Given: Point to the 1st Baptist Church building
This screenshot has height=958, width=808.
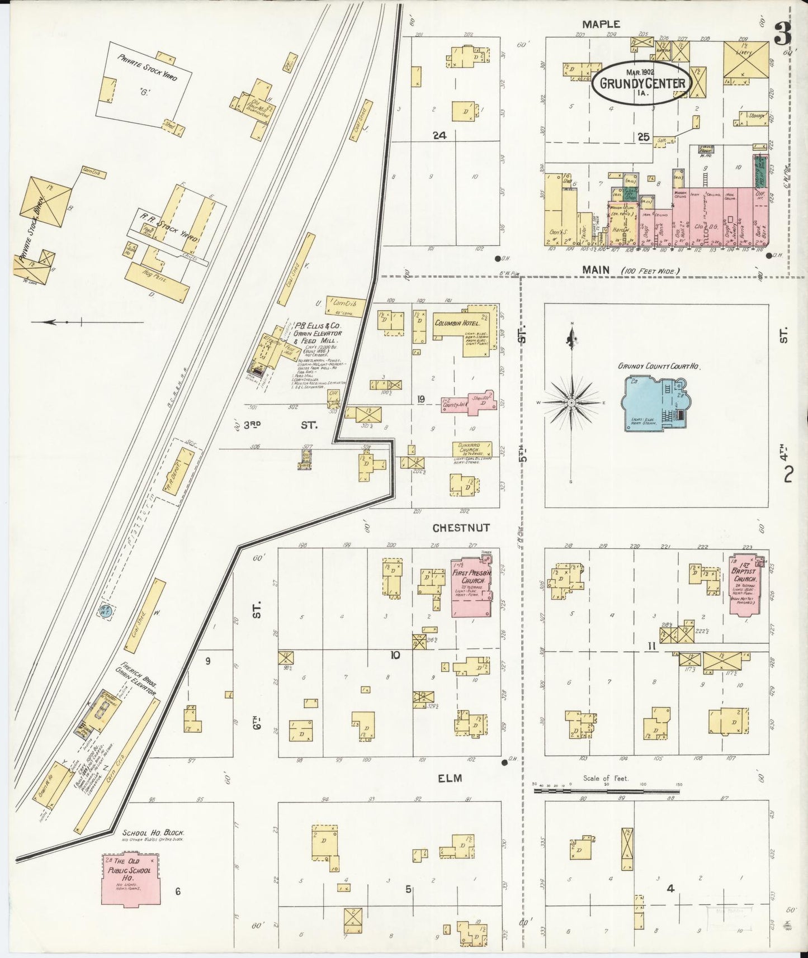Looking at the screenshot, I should [745, 584].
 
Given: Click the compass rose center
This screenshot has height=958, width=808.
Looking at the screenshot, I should [571, 402].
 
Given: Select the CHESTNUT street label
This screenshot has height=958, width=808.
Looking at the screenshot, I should [461, 528].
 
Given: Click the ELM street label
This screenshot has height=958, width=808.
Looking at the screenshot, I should [450, 778].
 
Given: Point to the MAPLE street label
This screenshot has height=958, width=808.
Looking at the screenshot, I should [601, 24].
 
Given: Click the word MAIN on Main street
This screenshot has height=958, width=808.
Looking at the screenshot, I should [596, 270].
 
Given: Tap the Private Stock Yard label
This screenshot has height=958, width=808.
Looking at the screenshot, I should [147, 68].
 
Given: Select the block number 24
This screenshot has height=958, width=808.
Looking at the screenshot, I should [439, 135].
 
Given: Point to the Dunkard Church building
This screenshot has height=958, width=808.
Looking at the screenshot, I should [472, 449].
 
